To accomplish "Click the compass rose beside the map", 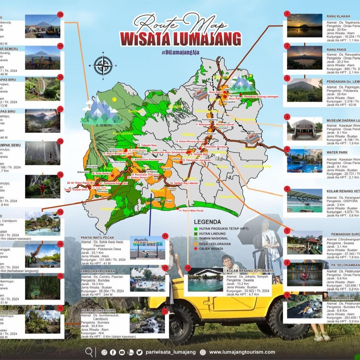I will [103, 65].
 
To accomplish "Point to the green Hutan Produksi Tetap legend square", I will [196, 229].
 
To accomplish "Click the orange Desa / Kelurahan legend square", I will [196, 244].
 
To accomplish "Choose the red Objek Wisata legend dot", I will [196, 249].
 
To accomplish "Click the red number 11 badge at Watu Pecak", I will [165, 236].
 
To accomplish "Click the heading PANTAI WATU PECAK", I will [98, 238].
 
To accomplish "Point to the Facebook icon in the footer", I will [113, 352].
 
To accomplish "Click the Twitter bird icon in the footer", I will [139, 352].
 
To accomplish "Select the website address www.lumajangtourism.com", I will [242, 352].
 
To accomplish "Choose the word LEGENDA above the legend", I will [207, 222].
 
